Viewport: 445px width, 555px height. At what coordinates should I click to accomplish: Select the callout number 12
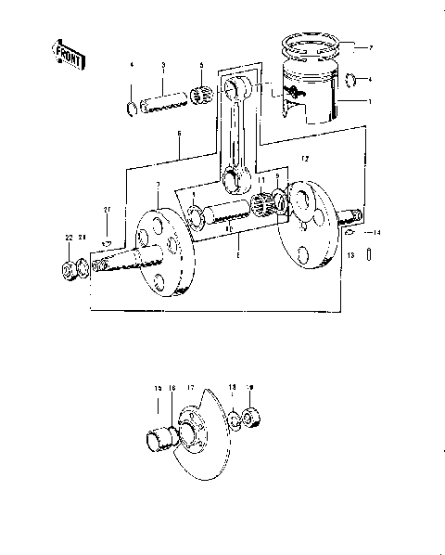tap(304, 160)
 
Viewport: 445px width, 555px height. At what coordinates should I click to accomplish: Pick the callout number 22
tap(68, 239)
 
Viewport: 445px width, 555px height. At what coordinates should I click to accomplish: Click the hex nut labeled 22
tap(68, 271)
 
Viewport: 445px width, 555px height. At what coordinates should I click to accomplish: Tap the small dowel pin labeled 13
tap(370, 253)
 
